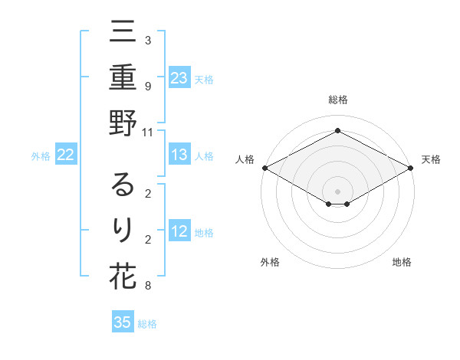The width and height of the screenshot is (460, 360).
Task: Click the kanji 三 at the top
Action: point(123,33)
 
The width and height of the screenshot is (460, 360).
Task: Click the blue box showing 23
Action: point(179,78)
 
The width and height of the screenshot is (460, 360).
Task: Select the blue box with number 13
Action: point(179,155)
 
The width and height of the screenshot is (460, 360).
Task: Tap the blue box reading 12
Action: point(179,232)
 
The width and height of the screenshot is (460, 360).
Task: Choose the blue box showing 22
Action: point(66,155)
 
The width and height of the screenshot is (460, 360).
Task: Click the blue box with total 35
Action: point(123,322)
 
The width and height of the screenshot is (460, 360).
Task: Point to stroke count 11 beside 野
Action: point(148,132)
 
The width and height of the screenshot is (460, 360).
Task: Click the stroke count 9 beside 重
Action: point(148,87)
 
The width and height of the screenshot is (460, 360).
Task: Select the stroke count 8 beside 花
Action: point(148,286)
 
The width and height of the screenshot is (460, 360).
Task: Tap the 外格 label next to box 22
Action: point(41,156)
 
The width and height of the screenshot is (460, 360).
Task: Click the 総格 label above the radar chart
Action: point(338,100)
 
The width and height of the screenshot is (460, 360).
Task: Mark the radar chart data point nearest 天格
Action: point(412,168)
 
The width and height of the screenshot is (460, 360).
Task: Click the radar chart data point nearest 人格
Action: point(264,168)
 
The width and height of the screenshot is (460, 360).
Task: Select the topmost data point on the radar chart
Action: point(338,131)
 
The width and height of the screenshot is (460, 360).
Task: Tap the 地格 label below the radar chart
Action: point(402,262)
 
